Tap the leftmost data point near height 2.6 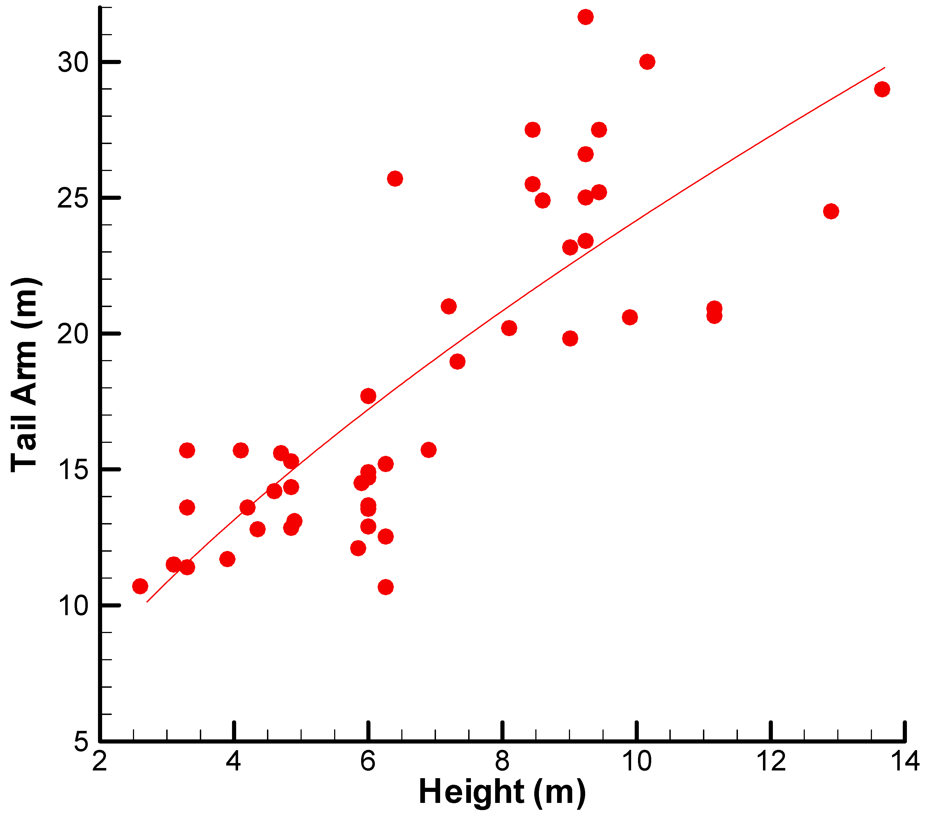tap(140, 586)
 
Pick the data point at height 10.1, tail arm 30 tap(647, 62)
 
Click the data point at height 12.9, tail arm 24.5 tap(831, 211)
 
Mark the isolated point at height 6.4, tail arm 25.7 tap(395, 178)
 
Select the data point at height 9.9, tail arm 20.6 tap(630, 317)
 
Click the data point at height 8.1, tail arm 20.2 tap(509, 328)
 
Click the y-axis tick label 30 tap(73, 62)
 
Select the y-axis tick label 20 tap(73, 334)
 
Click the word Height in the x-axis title tap(472, 792)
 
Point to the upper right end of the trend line tap(884, 68)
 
